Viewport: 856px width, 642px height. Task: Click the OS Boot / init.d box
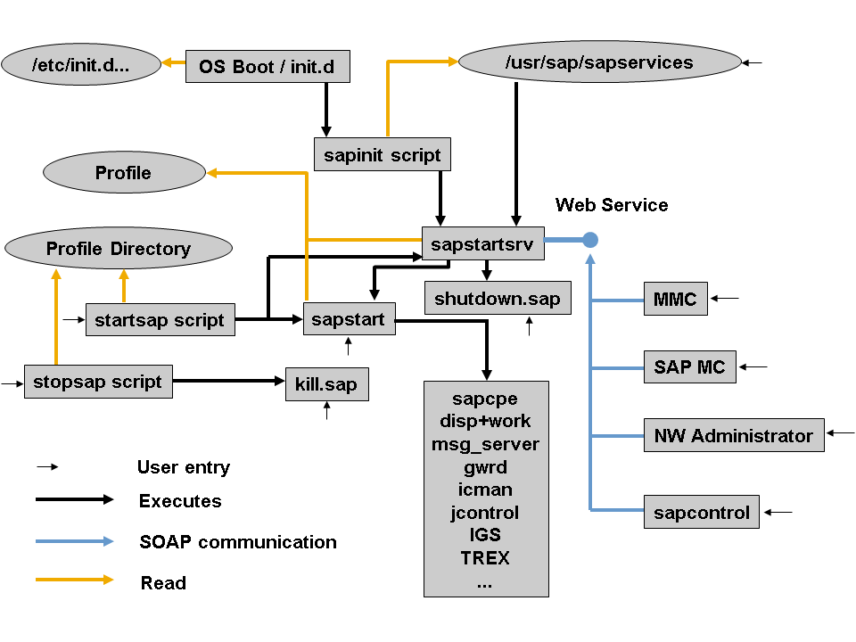coord(267,67)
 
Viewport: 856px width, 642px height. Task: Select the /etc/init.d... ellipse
coord(81,64)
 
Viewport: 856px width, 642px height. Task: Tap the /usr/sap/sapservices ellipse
coord(600,62)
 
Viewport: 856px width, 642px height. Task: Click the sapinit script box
coord(383,154)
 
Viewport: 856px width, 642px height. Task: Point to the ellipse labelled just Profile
coord(125,172)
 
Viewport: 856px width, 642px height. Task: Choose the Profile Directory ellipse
coord(119,249)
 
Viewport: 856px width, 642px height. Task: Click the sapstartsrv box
coord(483,243)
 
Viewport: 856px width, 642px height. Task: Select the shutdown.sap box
coord(498,298)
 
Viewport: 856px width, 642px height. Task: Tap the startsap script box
coord(160,319)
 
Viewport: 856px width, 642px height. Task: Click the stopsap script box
coord(98,382)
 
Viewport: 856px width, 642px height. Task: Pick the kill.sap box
coord(327,384)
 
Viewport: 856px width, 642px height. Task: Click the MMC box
coord(676,299)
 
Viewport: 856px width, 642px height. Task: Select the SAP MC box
coord(690,366)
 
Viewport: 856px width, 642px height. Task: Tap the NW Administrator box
coord(734,435)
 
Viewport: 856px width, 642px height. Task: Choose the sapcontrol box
coord(702,512)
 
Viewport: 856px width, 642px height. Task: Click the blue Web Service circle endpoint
coord(590,240)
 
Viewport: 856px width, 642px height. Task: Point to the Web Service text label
coord(612,205)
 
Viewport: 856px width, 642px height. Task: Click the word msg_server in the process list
coord(485,444)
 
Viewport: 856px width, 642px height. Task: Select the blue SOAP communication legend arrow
coord(75,541)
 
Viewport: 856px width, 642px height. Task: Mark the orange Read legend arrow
coord(75,580)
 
